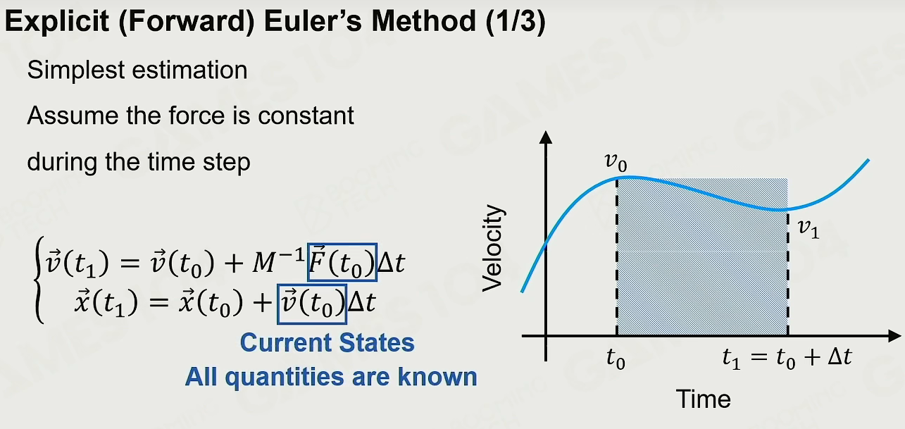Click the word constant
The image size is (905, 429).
pyautogui.click(x=306, y=116)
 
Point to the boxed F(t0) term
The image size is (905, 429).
pyautogui.click(x=342, y=262)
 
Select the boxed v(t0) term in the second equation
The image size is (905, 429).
pyautogui.click(x=312, y=304)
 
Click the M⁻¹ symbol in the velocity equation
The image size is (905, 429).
pyautogui.click(x=278, y=261)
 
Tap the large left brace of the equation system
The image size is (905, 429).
pyautogui.click(x=39, y=280)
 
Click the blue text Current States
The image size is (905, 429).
pyautogui.click(x=327, y=342)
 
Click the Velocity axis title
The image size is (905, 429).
pyautogui.click(x=492, y=248)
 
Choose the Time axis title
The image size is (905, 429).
pyautogui.click(x=704, y=399)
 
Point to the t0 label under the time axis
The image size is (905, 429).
pyautogui.click(x=616, y=359)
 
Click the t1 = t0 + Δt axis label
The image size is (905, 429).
pyautogui.click(x=787, y=359)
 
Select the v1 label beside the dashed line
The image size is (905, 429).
pyautogui.click(x=809, y=230)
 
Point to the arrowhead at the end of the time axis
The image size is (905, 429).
pyautogui.click(x=894, y=335)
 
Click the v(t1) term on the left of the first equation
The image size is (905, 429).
pyautogui.click(x=77, y=263)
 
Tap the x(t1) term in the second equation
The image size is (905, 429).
pyautogui.click(x=106, y=304)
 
